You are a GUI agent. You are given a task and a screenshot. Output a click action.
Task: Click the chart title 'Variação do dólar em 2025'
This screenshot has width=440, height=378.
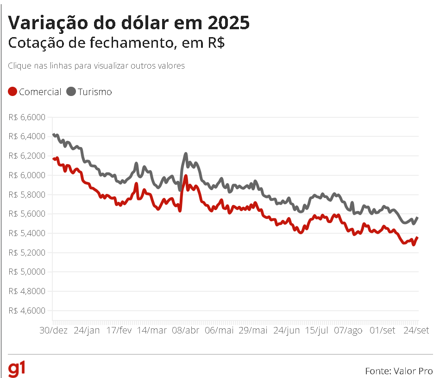click(x=129, y=23)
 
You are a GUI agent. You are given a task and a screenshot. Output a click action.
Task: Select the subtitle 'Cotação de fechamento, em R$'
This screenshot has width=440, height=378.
click(x=117, y=43)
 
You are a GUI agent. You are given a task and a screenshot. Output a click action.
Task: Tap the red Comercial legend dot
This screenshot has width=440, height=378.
click(x=13, y=92)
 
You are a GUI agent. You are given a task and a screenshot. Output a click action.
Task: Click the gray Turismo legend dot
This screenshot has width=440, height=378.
click(x=71, y=92)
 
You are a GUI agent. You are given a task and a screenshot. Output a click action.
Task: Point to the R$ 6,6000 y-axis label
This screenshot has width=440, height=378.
click(x=27, y=117)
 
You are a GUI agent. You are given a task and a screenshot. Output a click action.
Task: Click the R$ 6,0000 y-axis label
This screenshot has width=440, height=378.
click(x=27, y=175)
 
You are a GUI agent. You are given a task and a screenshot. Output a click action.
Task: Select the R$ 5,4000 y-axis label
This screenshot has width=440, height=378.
click(x=27, y=233)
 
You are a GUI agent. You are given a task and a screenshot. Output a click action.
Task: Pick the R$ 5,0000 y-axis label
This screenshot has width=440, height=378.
click(x=27, y=272)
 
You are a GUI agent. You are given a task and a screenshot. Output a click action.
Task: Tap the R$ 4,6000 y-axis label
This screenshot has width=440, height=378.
click(x=27, y=311)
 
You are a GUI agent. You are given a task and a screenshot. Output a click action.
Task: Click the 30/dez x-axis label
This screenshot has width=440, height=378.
click(x=53, y=330)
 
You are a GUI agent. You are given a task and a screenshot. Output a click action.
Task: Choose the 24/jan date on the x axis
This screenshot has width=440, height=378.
click(x=87, y=330)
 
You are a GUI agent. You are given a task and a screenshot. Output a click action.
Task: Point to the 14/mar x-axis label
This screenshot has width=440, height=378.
click(x=153, y=330)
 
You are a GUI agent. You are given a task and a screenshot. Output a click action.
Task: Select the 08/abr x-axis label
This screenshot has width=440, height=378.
click(x=185, y=330)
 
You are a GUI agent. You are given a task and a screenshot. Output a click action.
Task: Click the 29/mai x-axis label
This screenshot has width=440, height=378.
click(x=252, y=330)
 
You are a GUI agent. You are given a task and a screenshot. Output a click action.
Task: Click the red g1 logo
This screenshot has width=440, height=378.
click(x=16, y=370)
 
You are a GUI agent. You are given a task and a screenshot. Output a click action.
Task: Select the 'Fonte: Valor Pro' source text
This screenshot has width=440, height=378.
click(x=399, y=371)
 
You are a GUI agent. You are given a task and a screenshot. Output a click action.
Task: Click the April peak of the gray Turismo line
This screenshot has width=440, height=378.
click(x=186, y=154)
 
